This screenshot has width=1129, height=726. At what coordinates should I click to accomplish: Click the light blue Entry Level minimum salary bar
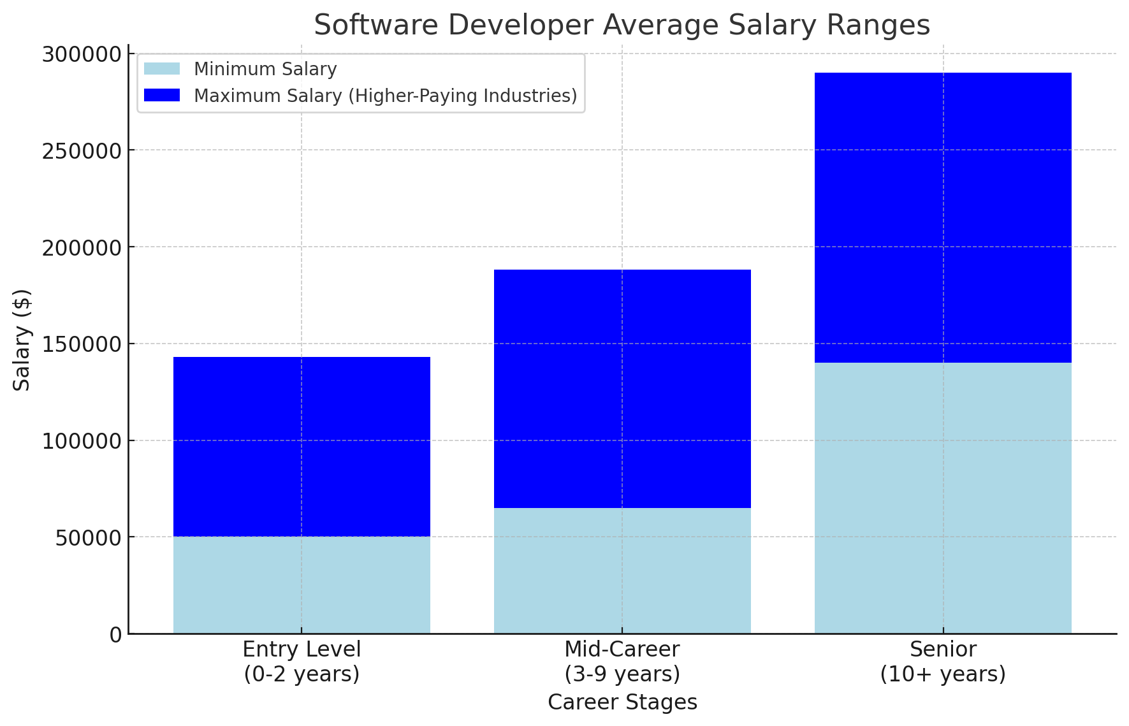click(x=302, y=584)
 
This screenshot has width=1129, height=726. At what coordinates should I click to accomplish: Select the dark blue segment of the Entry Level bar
click(x=302, y=446)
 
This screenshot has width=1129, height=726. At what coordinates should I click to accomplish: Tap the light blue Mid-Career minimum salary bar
click(x=622, y=570)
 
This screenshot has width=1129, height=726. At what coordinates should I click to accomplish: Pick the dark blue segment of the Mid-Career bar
click(x=622, y=389)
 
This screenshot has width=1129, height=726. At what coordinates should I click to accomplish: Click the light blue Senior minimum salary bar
click(x=943, y=498)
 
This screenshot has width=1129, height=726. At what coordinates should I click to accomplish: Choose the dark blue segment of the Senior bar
click(x=943, y=217)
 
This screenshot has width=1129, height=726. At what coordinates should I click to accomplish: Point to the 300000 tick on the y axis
click(x=82, y=55)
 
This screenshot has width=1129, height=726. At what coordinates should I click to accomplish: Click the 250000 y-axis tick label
click(x=82, y=152)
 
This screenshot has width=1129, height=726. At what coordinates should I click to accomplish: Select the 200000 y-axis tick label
click(x=82, y=248)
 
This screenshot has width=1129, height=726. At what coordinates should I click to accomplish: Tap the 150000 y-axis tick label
click(x=82, y=345)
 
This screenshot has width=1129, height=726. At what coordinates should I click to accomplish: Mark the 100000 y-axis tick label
click(x=82, y=442)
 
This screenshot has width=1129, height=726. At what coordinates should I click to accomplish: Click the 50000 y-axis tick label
click(x=87, y=538)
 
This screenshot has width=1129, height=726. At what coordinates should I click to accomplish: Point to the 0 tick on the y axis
click(x=115, y=635)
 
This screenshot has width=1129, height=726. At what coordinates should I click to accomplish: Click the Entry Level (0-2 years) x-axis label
click(x=302, y=661)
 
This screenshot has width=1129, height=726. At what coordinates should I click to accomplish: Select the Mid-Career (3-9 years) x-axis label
click(x=622, y=661)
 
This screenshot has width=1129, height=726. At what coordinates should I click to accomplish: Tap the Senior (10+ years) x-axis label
click(x=943, y=661)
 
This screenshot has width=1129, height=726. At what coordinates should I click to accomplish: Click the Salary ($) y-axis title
click(x=22, y=340)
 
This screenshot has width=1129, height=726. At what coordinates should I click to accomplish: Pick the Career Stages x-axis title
click(x=622, y=702)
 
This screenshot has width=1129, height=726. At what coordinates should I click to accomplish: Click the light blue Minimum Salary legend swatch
click(x=162, y=69)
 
